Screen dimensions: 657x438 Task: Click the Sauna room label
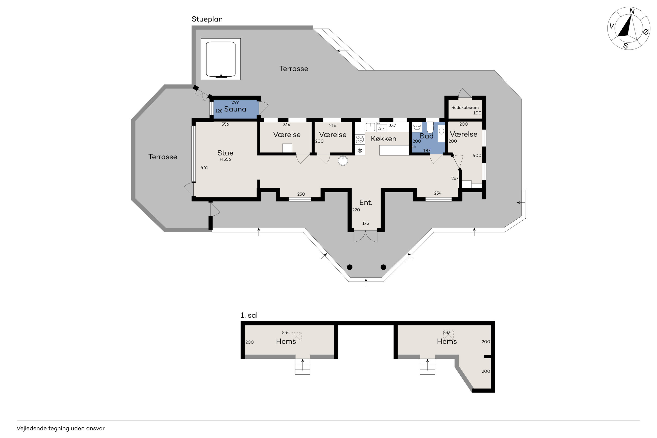pyautogui.click(x=235, y=109)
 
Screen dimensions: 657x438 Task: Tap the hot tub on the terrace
pyautogui.click(x=221, y=59)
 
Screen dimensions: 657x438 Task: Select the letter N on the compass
pyautogui.click(x=632, y=11)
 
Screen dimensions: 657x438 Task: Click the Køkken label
pyautogui.click(x=383, y=139)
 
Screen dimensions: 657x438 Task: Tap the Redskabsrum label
pyautogui.click(x=465, y=107)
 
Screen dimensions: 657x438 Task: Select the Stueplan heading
pyautogui.click(x=207, y=19)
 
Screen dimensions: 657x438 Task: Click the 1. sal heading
pyautogui.click(x=249, y=315)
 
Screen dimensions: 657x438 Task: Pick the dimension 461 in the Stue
pyautogui.click(x=204, y=168)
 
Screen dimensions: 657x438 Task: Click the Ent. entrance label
pyautogui.click(x=365, y=202)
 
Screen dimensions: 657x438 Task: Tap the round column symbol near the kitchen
pyautogui.click(x=343, y=161)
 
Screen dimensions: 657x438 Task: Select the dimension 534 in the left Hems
pyautogui.click(x=286, y=332)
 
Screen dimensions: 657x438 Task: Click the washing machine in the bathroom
pyautogui.click(x=417, y=127)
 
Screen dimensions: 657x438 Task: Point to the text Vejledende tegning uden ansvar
pyautogui.click(x=61, y=428)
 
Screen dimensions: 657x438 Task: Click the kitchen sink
pyautogui.click(x=370, y=127)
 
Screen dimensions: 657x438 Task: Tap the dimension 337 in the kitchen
pyautogui.click(x=392, y=126)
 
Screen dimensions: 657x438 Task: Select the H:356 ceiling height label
pyautogui.click(x=225, y=159)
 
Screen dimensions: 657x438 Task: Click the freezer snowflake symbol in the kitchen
pyautogui.click(x=360, y=151)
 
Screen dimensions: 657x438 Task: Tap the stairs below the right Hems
pyautogui.click(x=427, y=366)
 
